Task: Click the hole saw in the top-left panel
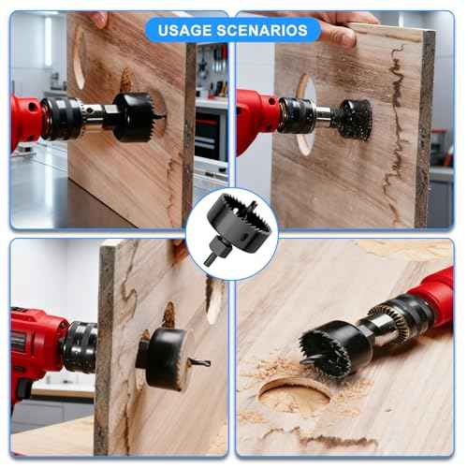pyautogui.click(x=133, y=116)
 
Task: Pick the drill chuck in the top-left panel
pyautogui.click(x=63, y=119)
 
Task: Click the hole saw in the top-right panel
pyautogui.click(x=353, y=119)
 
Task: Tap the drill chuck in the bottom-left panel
pyautogui.click(x=80, y=346)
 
